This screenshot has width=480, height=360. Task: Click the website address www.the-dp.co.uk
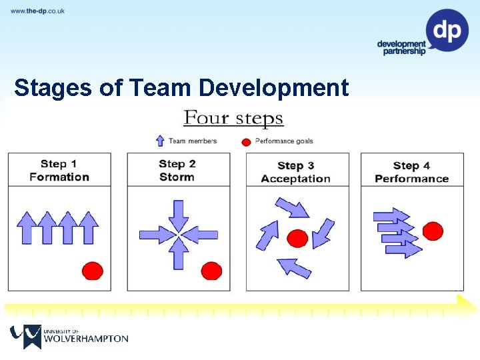(37, 11)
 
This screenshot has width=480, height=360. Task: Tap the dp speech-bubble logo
(447, 30)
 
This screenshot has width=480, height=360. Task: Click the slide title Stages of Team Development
(181, 88)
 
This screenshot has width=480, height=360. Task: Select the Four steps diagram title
(233, 119)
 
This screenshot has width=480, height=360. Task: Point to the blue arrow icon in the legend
(160, 141)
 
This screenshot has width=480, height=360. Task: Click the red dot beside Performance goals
(246, 141)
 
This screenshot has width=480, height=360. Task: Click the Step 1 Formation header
(59, 170)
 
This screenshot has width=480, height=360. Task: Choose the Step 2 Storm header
(177, 170)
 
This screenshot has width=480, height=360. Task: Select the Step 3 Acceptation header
(295, 172)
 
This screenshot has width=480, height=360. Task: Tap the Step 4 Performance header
(411, 172)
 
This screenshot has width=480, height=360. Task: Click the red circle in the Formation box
(92, 270)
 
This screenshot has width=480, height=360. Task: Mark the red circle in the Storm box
(211, 270)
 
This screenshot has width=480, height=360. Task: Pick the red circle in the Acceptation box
(297, 238)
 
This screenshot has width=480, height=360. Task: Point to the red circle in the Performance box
(433, 231)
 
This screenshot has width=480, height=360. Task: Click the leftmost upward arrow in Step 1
(27, 227)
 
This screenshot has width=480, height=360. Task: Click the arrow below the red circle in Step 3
(294, 267)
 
